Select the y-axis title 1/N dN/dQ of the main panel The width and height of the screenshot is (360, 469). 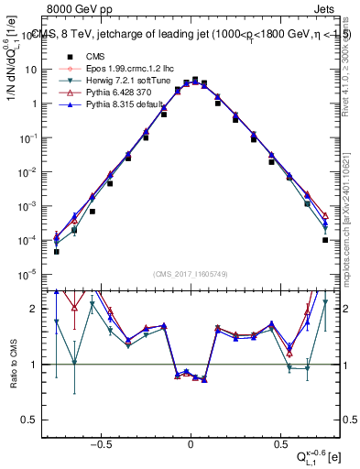point(14,69)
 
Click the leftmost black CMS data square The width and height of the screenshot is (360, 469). point(56,251)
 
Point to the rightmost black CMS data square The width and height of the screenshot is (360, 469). point(325,240)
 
